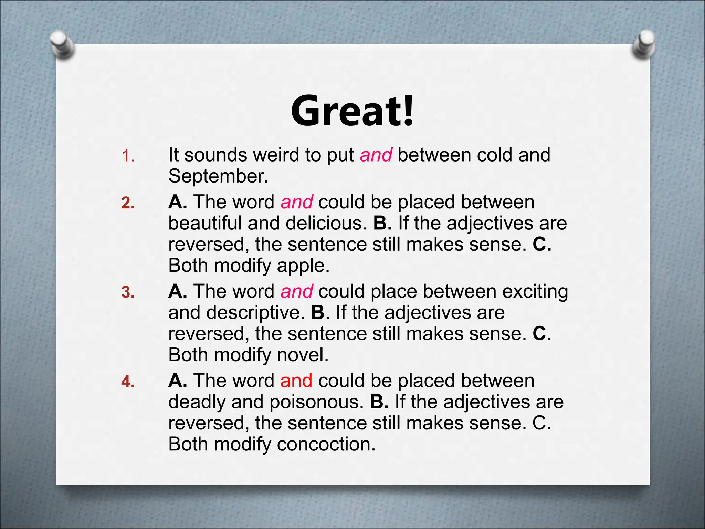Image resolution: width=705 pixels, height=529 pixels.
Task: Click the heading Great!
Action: click(x=352, y=111)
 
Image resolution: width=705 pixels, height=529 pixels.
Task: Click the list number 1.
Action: click(x=128, y=157)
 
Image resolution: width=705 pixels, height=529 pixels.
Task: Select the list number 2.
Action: click(x=128, y=203)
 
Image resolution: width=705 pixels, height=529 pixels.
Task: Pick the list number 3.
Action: click(x=128, y=292)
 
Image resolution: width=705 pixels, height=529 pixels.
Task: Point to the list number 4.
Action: click(x=128, y=382)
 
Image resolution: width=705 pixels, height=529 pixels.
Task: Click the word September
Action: click(x=218, y=176)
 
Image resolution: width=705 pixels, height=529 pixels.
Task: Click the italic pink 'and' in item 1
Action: click(x=376, y=155)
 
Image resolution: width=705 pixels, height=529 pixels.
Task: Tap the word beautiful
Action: click(x=205, y=223)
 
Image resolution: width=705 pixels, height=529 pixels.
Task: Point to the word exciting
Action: click(x=535, y=292)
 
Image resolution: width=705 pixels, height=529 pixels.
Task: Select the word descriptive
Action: click(x=255, y=313)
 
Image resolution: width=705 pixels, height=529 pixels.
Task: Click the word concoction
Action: click(x=326, y=444)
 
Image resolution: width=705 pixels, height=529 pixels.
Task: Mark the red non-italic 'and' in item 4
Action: click(x=296, y=381)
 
